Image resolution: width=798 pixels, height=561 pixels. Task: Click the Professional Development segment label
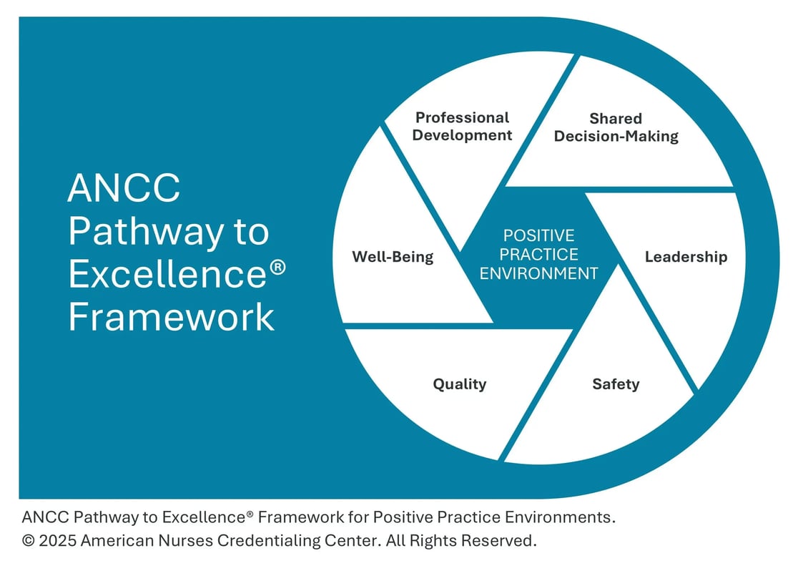click(463, 126)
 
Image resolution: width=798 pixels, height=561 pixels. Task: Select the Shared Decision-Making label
click(616, 127)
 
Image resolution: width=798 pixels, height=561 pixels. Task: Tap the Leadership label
click(686, 257)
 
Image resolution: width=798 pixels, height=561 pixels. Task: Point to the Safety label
click(616, 384)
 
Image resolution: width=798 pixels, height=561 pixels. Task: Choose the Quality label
click(459, 384)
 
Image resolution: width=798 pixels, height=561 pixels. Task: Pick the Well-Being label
click(393, 257)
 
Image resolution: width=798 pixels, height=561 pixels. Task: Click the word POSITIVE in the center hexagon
click(538, 235)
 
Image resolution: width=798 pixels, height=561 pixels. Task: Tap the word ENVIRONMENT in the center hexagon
click(538, 273)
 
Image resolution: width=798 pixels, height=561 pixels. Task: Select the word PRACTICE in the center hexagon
click(538, 254)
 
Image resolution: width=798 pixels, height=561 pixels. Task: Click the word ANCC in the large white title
click(124, 188)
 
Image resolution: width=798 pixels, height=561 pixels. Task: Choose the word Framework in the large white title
click(172, 317)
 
